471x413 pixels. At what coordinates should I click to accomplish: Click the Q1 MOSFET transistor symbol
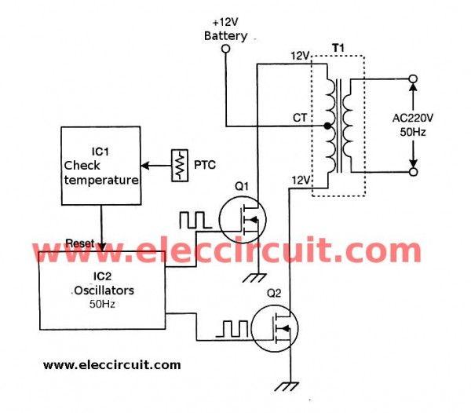242,220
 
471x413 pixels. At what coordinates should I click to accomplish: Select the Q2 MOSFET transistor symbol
275,328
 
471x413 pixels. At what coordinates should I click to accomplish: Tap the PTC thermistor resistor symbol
180,166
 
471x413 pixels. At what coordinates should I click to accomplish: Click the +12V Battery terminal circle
225,49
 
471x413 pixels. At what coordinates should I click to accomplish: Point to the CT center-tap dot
327,126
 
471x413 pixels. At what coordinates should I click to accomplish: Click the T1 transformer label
338,48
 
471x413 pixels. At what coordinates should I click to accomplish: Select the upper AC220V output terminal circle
414,79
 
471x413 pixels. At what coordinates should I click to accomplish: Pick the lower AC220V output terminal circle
414,172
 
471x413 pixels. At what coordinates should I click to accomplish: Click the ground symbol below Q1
254,278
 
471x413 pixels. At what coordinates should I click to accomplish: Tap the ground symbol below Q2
287,386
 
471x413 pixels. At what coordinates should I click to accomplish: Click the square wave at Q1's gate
195,220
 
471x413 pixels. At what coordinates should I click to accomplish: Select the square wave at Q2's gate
232,329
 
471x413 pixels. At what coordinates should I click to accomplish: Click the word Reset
80,243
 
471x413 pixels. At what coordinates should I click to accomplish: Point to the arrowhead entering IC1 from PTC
144,166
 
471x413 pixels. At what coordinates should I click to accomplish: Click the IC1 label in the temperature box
100,152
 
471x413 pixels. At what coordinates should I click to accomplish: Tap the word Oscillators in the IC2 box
104,291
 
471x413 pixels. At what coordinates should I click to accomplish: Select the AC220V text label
413,118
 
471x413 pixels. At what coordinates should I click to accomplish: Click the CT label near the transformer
300,118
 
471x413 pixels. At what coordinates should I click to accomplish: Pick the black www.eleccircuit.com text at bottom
112,365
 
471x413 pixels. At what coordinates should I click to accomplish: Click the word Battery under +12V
225,36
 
